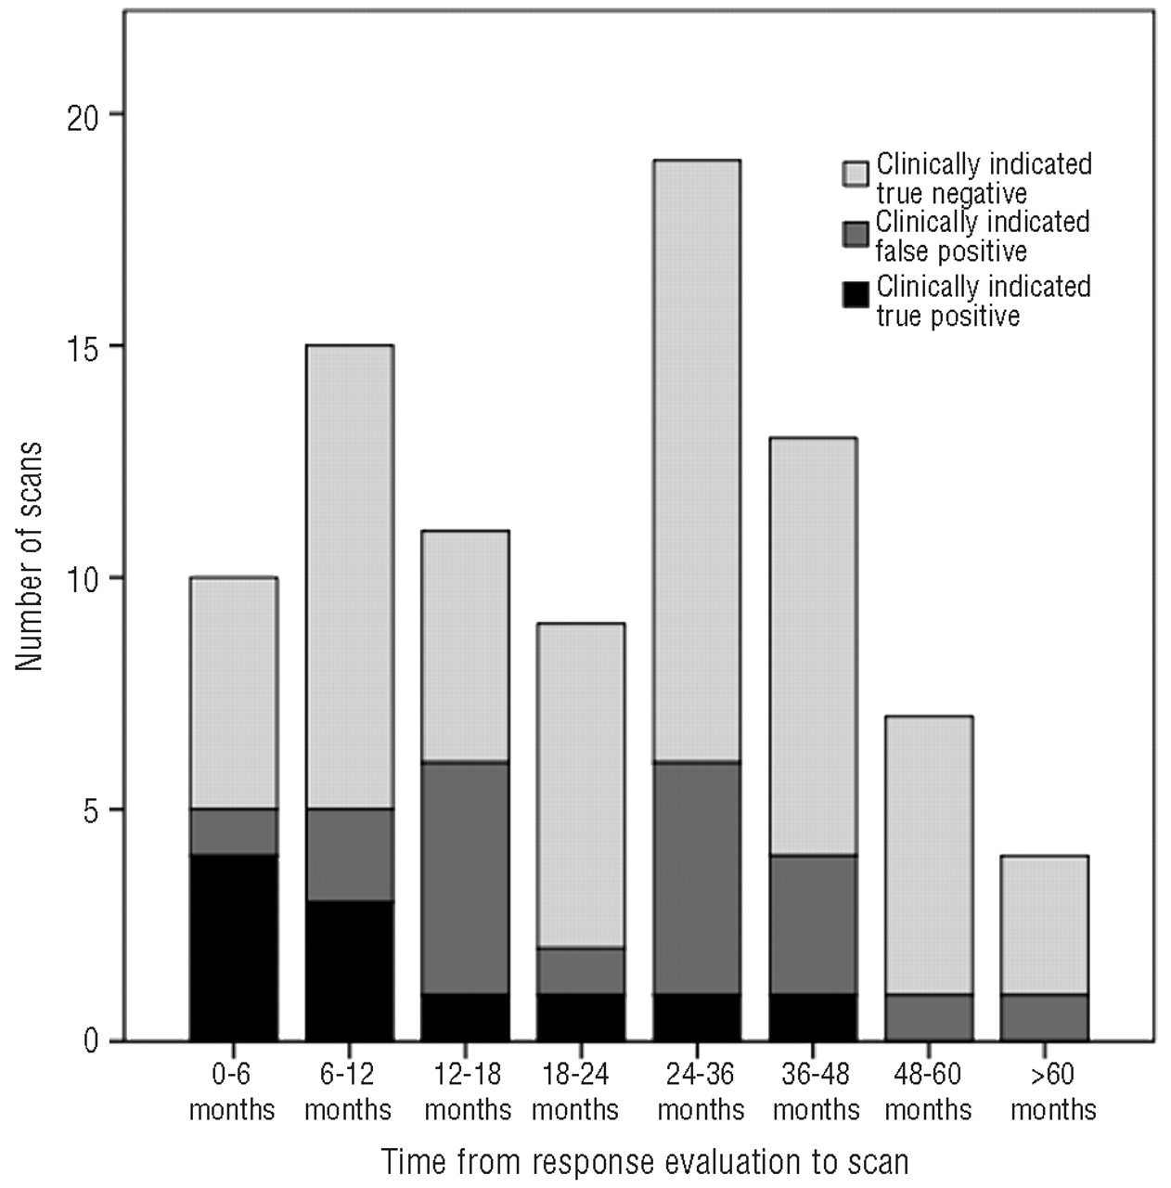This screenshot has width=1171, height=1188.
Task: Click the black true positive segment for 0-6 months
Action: click(x=233, y=948)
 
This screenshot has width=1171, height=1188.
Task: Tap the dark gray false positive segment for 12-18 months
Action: click(x=465, y=878)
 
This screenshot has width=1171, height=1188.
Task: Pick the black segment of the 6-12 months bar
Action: click(x=349, y=971)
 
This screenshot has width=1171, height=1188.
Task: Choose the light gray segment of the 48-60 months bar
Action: click(x=928, y=855)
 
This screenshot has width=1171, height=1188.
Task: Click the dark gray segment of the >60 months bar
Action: click(x=1044, y=1017)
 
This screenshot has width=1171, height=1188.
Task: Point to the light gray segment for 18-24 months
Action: click(x=581, y=785)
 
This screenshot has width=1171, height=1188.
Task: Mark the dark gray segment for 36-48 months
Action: click(x=813, y=924)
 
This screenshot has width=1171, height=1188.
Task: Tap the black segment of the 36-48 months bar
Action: click(x=813, y=1017)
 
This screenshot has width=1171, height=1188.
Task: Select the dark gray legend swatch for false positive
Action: click(x=856, y=233)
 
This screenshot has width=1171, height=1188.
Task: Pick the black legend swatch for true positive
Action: click(x=856, y=295)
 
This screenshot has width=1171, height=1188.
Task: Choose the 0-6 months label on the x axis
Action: click(x=232, y=1091)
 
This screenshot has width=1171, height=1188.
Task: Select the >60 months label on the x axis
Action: click(x=1053, y=1091)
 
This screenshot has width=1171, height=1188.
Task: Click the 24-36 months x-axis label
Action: click(x=701, y=1091)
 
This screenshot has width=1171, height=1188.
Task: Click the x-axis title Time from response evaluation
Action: click(x=644, y=1161)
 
